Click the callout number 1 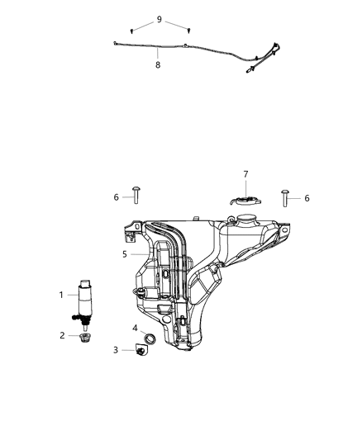pos(60,295)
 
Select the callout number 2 pos(60,335)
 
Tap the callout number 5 pos(125,254)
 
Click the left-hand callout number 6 pos(117,196)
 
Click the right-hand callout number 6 pos(308,198)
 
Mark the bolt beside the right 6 pos(286,197)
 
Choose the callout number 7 pos(245,174)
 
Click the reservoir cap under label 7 pos(244,201)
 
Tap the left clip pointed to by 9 pos(132,38)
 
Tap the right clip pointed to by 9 pos(188,39)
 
